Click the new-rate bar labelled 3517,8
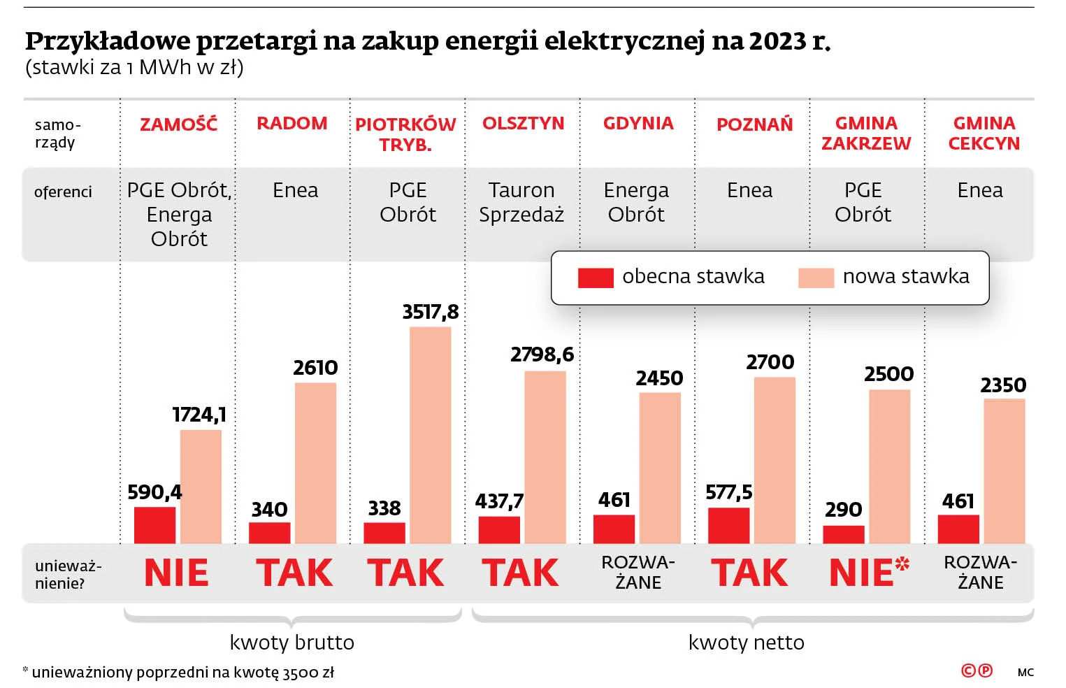pyautogui.click(x=430, y=434)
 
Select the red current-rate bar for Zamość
pyautogui.click(x=154, y=524)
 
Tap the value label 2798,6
pyautogui.click(x=542, y=354)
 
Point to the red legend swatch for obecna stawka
pyautogui.click(x=595, y=278)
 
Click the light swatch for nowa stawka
pyautogui.click(x=816, y=278)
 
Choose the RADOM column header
pyautogui.click(x=292, y=124)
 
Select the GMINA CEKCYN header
pyautogui.click(x=984, y=133)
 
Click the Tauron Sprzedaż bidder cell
pyautogui.click(x=521, y=202)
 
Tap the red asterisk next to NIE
pyautogui.click(x=902, y=563)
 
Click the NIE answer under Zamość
pyautogui.click(x=176, y=573)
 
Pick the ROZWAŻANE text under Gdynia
pyautogui.click(x=638, y=572)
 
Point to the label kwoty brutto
pyautogui.click(x=292, y=642)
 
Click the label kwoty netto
pyautogui.click(x=746, y=642)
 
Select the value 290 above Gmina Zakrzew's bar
pyautogui.click(x=843, y=510)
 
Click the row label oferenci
pyautogui.click(x=63, y=192)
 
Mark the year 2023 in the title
pyautogui.click(x=778, y=42)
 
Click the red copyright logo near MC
pyautogui.click(x=977, y=671)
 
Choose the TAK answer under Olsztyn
pyautogui.click(x=521, y=573)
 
